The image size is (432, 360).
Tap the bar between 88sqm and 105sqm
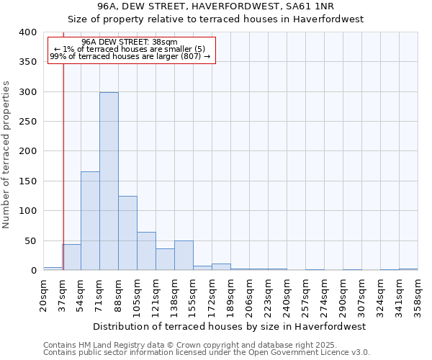tap(127, 233)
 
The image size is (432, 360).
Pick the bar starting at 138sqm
tap(184, 256)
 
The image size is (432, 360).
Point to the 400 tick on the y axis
tap(27, 32)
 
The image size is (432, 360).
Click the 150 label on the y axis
tap(27, 181)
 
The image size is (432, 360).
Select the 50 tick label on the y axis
tap(30, 241)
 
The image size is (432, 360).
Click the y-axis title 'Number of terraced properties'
tap(6, 155)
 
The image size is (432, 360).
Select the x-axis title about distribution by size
tap(230, 326)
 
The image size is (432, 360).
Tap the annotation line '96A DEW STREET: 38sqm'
tap(130, 42)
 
